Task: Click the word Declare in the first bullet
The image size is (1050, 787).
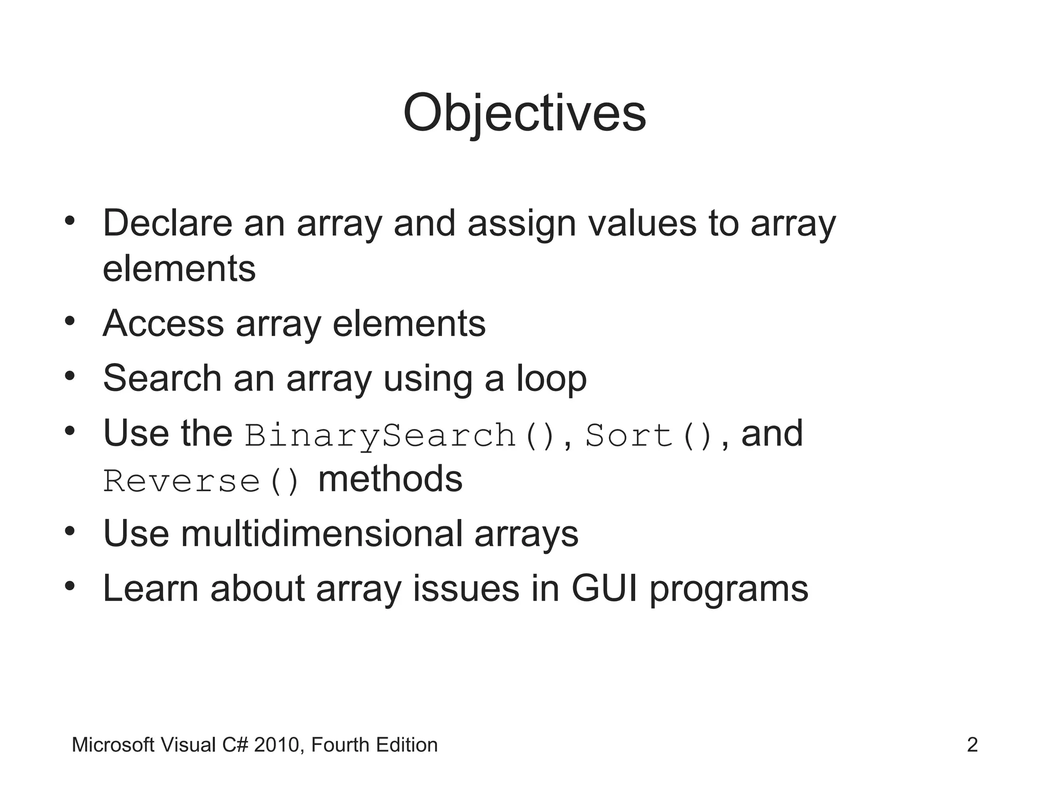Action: (x=168, y=223)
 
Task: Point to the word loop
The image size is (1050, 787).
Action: (x=551, y=379)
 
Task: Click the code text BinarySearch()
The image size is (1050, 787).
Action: (x=400, y=436)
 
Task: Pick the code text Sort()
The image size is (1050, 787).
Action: (x=649, y=436)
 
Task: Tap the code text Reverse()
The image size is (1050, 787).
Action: (x=201, y=482)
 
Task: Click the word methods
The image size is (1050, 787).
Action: (x=390, y=480)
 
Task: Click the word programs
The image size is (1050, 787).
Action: (x=729, y=589)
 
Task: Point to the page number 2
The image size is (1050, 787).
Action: (x=972, y=745)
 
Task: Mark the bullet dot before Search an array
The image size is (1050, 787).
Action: (x=70, y=377)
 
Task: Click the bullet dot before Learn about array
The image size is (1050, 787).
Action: (x=70, y=586)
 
